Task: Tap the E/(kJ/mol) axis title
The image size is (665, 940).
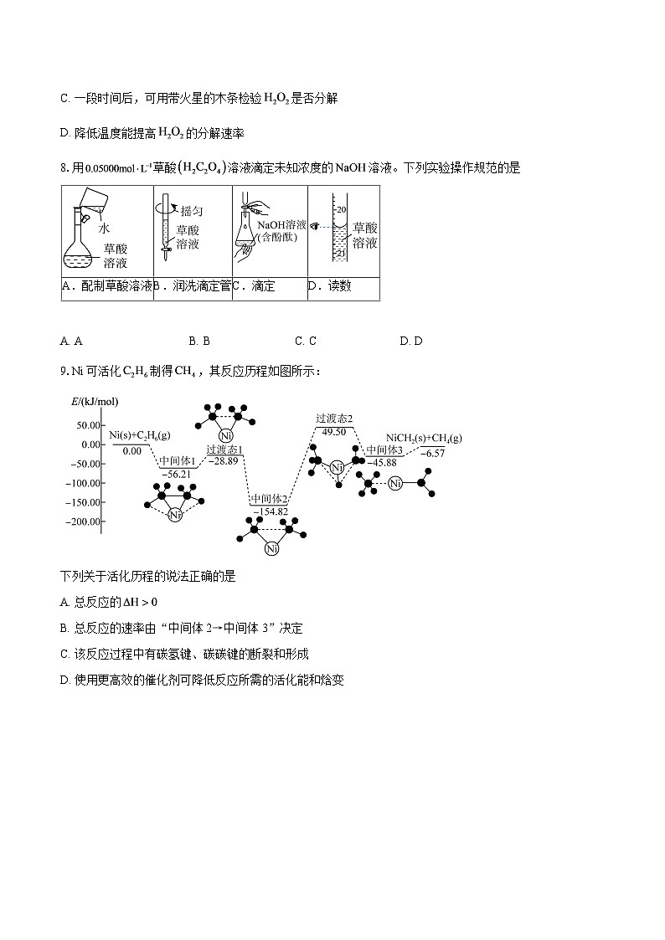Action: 95,403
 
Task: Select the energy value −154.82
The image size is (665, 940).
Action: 270,511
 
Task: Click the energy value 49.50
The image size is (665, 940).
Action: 333,432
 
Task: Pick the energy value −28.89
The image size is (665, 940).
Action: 224,461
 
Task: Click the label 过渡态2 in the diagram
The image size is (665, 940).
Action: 334,418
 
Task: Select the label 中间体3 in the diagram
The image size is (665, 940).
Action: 385,450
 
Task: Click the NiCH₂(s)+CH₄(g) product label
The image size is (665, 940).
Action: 424,438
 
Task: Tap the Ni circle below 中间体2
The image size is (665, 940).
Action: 271,549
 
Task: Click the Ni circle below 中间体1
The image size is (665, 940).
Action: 174,515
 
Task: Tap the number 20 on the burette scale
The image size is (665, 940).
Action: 339,207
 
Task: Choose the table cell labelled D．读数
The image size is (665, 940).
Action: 343,287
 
